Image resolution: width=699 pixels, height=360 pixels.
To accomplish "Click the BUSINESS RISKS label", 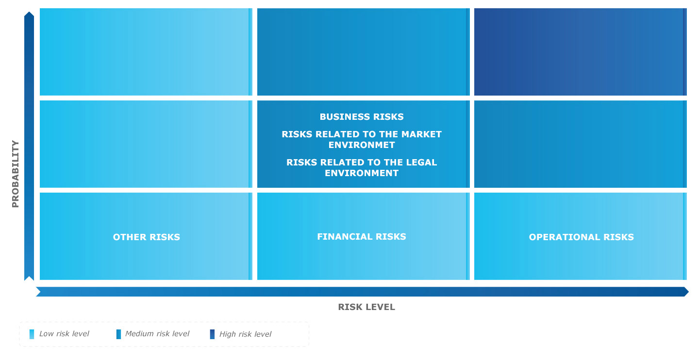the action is point(361,116).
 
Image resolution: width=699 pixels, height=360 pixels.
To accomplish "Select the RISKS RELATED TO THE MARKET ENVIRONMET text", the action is point(361,139).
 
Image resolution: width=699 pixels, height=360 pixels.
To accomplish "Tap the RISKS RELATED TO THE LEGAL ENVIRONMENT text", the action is point(361,167).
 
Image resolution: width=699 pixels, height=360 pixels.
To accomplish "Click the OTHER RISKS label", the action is point(147,237).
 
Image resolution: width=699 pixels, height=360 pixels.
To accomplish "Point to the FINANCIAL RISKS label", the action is point(361,236).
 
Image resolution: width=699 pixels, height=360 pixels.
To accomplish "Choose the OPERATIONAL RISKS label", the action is point(581,237).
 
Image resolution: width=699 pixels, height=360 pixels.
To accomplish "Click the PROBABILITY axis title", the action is point(16,174).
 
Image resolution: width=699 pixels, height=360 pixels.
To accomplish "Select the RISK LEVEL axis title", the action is point(366,307).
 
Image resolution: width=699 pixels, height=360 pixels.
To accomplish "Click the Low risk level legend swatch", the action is point(32,334).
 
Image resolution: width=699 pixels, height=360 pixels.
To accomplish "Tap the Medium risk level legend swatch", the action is point(118,334).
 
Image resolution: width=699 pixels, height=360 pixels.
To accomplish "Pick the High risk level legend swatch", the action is point(212,334).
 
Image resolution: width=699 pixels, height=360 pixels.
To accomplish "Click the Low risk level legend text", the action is point(64,334).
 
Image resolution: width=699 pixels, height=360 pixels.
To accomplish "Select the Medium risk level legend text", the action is point(157,334).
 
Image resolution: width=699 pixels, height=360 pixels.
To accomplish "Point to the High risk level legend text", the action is point(245,334).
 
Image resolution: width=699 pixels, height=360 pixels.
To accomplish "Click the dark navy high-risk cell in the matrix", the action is point(581,52).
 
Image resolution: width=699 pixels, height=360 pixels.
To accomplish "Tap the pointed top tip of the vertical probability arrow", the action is point(29,12).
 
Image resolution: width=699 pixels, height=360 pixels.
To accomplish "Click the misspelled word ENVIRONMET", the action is point(361,145).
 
